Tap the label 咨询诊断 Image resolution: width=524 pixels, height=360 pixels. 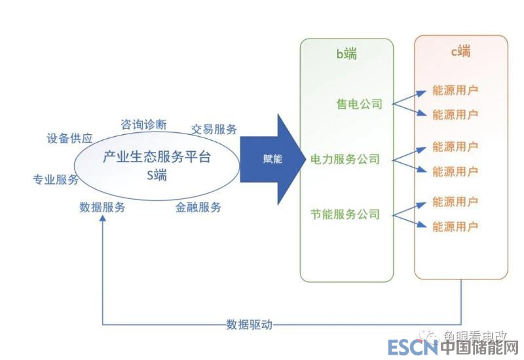click(x=144, y=124)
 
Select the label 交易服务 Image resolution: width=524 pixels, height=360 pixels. click(x=214, y=129)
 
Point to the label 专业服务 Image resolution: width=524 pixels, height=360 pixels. click(x=56, y=179)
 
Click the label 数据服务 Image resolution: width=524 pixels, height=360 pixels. click(x=102, y=207)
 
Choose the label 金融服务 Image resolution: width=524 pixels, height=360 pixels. click(x=198, y=207)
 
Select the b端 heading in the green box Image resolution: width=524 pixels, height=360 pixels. click(x=346, y=54)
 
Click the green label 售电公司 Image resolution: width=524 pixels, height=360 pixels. click(x=359, y=104)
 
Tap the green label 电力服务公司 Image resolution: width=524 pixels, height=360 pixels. click(x=345, y=159)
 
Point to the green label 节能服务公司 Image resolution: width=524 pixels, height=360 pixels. click(x=345, y=214)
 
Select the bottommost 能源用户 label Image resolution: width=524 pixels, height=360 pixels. click(x=455, y=226)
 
